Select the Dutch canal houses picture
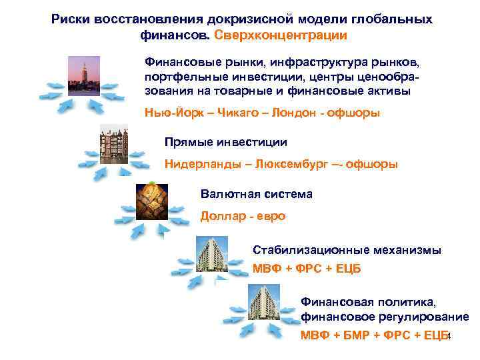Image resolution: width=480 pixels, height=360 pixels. (x=113, y=141)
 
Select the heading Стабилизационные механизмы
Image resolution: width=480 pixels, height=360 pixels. (x=347, y=250)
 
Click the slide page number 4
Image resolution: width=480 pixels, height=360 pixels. (x=449, y=336)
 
